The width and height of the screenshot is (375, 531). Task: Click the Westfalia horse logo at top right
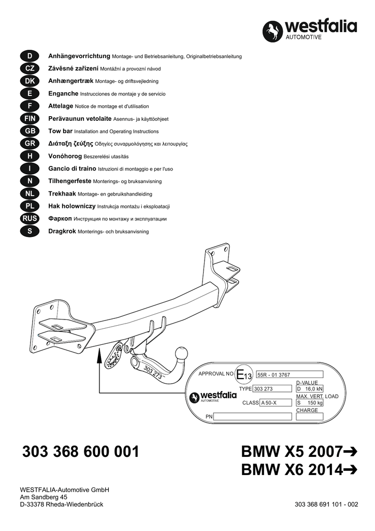[x=273, y=31]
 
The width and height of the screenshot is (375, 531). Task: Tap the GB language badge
[x=30, y=131]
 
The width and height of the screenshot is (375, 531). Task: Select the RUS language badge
[x=30, y=219]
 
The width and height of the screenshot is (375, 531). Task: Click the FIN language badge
[x=30, y=119]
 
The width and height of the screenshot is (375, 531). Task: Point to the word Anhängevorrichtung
[x=79, y=55]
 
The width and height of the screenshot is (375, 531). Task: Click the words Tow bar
[x=61, y=131]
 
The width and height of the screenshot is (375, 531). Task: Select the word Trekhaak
[x=62, y=193]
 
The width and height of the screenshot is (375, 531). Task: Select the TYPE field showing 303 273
[x=270, y=389]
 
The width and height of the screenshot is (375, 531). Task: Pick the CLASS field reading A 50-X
[x=276, y=402]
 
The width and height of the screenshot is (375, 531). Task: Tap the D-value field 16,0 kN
[x=309, y=389]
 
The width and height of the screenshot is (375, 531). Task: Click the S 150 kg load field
[x=309, y=402]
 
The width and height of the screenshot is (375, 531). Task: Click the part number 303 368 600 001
[x=81, y=452]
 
